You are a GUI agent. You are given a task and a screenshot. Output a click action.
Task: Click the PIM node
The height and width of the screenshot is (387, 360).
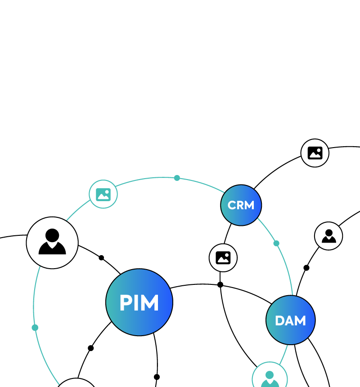139,302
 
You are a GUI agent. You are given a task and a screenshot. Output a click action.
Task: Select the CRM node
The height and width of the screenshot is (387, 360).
241,205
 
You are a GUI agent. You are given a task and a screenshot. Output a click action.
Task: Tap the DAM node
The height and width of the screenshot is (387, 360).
290,320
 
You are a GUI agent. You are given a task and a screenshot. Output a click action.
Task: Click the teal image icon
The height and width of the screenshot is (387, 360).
103,194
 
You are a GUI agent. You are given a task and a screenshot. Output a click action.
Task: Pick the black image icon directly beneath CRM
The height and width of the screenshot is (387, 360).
223,257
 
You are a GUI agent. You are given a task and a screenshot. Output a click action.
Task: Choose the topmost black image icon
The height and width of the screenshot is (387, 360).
315,153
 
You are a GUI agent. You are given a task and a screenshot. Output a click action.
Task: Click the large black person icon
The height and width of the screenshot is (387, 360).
52,243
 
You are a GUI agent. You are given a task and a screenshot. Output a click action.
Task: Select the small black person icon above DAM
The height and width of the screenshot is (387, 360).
328,236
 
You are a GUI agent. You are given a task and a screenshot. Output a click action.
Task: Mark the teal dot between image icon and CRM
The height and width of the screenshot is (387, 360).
177,178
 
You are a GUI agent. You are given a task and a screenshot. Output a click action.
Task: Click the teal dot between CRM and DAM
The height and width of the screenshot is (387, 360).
276,243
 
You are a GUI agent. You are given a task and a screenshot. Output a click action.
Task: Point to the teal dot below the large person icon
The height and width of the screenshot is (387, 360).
35,328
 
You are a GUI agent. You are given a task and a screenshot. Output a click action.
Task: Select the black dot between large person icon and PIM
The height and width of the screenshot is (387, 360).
101,258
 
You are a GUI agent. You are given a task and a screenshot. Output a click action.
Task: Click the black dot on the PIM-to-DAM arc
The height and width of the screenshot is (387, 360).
220,284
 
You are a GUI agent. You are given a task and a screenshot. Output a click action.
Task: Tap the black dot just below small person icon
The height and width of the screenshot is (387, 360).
306,268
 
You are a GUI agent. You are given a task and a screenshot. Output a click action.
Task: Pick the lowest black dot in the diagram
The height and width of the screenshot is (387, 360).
157,377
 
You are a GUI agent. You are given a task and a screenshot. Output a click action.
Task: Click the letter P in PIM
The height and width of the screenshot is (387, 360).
125,303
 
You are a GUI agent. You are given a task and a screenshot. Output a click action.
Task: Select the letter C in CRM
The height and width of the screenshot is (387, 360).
232,206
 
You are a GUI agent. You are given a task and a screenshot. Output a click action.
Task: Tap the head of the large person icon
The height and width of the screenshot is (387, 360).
52,235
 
